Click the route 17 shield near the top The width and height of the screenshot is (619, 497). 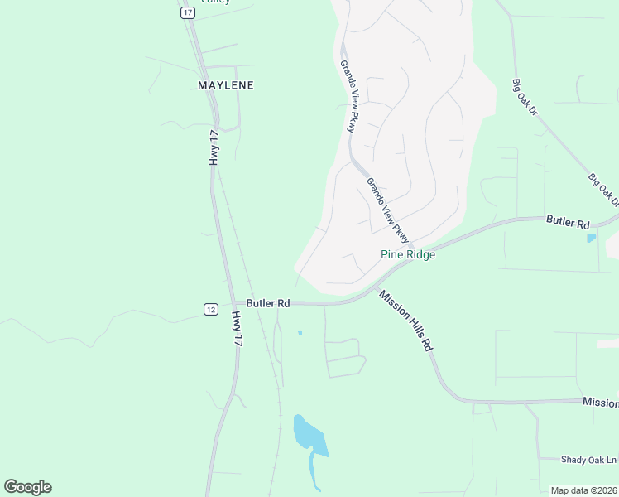[x=187, y=12]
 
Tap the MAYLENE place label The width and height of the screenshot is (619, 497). [x=226, y=85]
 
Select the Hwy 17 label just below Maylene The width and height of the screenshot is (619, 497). [x=214, y=148]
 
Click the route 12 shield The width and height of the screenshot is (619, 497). [x=211, y=309]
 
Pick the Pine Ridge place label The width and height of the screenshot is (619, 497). [x=408, y=255]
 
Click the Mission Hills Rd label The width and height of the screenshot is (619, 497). [x=406, y=320]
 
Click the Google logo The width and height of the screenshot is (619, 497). [x=28, y=487]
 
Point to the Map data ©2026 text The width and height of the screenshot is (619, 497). [x=583, y=490]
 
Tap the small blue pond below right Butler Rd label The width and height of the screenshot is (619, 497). [x=590, y=239]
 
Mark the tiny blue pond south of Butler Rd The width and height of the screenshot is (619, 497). [x=300, y=333]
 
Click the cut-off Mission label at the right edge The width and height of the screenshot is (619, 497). [x=600, y=403]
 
